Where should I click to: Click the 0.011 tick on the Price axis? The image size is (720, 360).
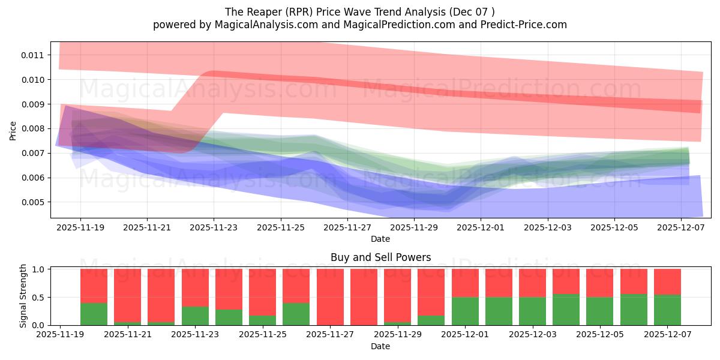(32, 55)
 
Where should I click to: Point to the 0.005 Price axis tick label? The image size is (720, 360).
(32, 203)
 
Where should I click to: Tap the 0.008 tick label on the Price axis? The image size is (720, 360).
(32, 129)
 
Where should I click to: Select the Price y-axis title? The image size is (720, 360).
(13, 131)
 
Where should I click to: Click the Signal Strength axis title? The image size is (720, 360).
(23, 296)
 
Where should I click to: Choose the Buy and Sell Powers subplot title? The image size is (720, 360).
(380, 257)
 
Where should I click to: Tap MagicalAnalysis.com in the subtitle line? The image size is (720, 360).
(266, 25)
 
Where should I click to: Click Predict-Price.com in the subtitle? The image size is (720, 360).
(524, 25)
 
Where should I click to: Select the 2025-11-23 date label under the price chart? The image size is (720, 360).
(214, 228)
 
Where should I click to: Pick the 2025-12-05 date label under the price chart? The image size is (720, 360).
(614, 228)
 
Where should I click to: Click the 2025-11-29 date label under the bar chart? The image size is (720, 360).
(398, 335)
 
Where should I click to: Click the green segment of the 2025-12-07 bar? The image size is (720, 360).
(667, 310)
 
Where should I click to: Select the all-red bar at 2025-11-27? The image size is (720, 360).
(330, 297)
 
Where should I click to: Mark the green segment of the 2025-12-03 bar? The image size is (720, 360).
(532, 311)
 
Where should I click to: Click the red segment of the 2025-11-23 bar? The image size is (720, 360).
(195, 287)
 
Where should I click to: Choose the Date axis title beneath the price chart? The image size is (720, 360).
(380, 239)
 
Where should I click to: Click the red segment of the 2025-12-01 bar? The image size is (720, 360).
(465, 283)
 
